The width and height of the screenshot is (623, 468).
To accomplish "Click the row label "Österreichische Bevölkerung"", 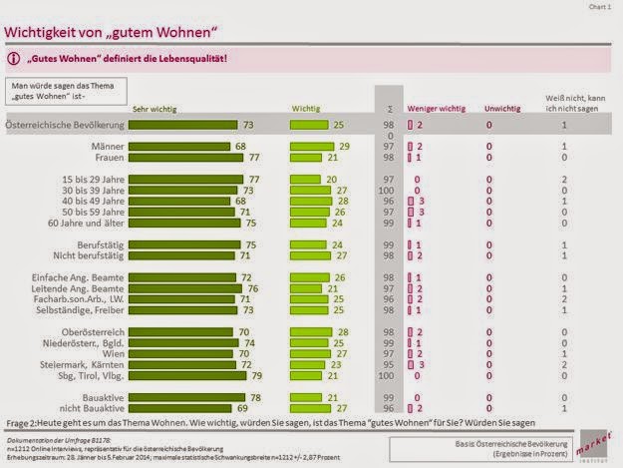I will pos(64,125).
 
